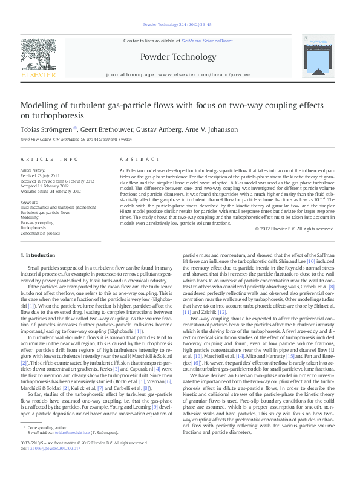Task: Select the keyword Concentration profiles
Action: pyautogui.click(x=41, y=233)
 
